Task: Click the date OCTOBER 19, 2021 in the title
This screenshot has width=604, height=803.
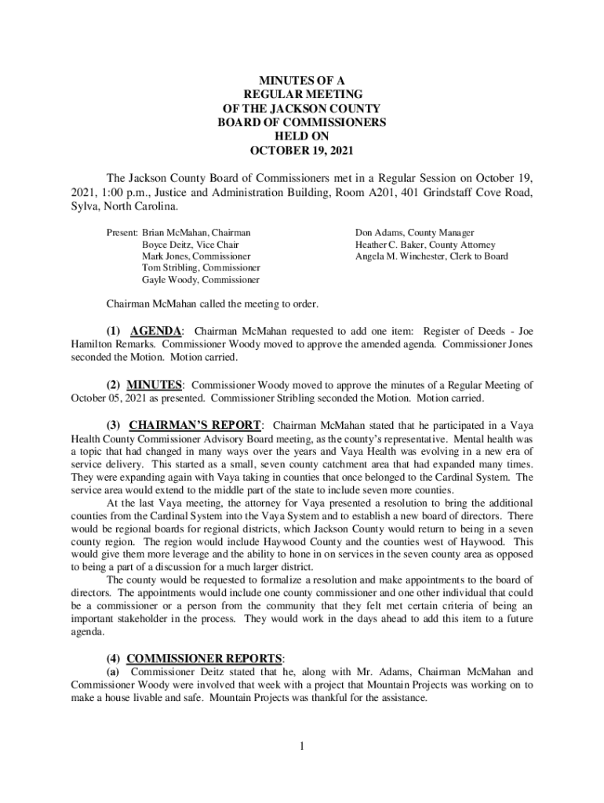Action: (301, 151)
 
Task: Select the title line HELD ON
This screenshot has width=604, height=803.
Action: (301, 136)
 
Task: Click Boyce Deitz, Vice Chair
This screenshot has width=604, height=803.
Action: (190, 245)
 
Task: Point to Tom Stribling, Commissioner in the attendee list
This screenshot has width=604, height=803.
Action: (201, 267)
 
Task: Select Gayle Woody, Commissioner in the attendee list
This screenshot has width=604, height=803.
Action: (200, 279)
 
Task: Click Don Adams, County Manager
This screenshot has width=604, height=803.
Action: (414, 233)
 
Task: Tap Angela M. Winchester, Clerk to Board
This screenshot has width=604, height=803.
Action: (431, 256)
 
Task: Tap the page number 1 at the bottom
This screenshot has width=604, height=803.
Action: (301, 745)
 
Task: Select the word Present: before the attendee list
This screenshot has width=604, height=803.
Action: (122, 233)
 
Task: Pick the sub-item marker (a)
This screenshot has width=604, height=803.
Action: (113, 672)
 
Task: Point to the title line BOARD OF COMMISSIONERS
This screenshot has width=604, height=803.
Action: (301, 122)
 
